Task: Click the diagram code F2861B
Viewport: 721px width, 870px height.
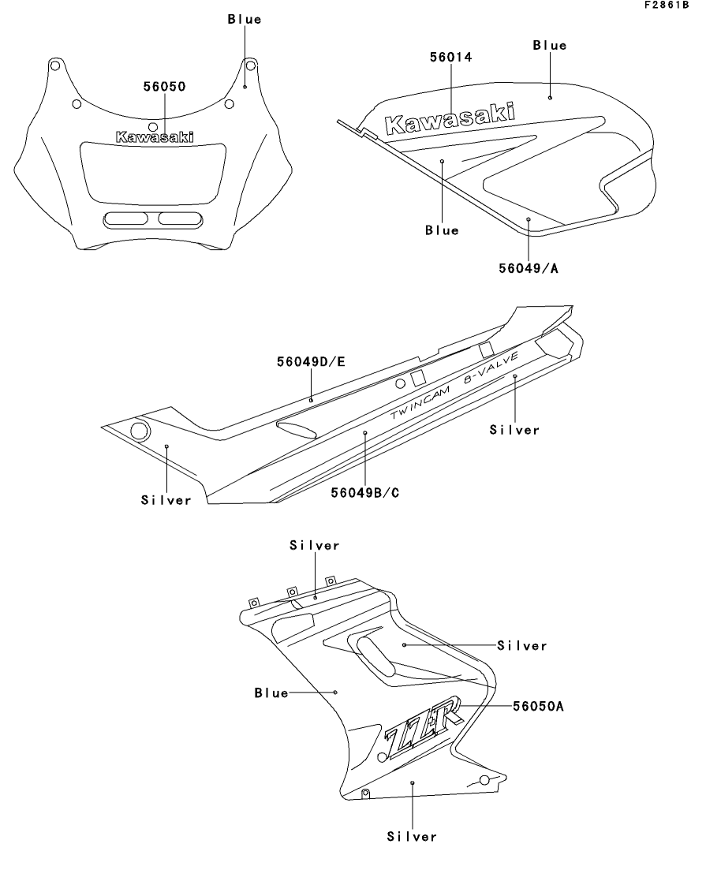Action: pos(667,5)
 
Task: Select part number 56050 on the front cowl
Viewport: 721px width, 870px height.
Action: pos(164,87)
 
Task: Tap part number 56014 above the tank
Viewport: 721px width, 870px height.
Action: pos(450,57)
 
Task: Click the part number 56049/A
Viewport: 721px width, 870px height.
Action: pos(529,268)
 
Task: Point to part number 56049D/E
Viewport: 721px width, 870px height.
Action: pos(311,362)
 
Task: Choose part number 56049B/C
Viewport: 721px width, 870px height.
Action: pos(364,493)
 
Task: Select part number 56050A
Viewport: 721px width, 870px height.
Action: pos(538,706)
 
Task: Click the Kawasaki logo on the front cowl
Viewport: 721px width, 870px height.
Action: pos(155,137)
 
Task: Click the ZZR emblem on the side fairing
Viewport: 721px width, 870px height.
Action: pos(424,727)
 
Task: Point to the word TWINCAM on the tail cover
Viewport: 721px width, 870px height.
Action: pos(420,403)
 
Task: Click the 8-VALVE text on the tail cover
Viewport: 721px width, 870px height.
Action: pos(491,368)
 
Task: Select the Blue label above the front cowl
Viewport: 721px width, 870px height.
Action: pos(245,20)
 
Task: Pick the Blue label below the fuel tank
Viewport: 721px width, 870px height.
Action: pos(442,230)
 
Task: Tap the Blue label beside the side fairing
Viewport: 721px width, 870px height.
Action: pos(271,693)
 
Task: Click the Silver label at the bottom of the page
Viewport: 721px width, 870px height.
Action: pos(412,836)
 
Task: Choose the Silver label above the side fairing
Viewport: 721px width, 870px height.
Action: pos(314,545)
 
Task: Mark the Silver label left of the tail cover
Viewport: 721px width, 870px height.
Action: pos(166,500)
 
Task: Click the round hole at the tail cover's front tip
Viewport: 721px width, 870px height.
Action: pos(139,431)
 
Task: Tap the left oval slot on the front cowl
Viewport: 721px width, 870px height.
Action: pos(126,218)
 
